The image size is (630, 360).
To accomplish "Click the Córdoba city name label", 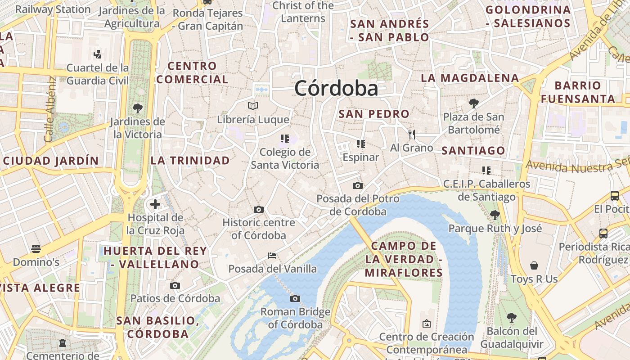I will pos(336,89).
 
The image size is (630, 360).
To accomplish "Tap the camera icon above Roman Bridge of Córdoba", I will pos(295,298).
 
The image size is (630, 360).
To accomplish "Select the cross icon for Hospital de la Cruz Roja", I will pos(155,205).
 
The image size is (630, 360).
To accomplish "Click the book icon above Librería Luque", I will pos(253,106).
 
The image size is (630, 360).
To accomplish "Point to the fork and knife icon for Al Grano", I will pos(411,134).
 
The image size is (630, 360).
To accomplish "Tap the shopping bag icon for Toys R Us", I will pos(534,265).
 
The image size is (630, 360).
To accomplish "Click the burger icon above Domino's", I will pos(36,249).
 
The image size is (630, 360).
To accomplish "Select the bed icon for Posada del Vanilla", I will pos(272,256).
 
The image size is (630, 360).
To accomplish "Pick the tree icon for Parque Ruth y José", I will pos(495,215).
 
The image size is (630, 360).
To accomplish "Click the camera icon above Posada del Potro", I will pos(357,185).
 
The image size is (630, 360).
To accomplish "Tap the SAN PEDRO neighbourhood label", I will pos(374,114).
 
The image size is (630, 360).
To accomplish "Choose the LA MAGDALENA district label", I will pos(470,78).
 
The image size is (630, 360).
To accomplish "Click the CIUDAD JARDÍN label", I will pos(50,161).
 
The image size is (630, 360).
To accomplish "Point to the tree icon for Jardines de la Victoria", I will pos(137,108).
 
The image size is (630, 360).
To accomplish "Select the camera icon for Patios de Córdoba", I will pos(175,285).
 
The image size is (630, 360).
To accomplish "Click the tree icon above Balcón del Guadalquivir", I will pos(511,318).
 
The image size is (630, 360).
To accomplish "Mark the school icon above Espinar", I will pos(360,144).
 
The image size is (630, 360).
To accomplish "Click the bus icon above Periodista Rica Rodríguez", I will pos(603,234).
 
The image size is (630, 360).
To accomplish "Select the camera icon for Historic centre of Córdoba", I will pos(258,209).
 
